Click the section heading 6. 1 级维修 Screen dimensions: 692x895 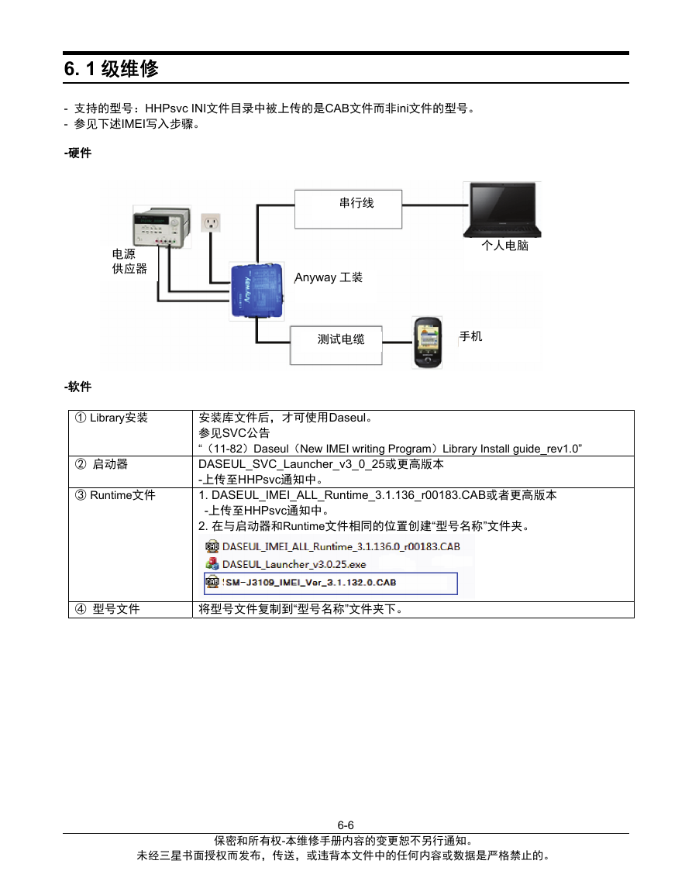pyautogui.click(x=112, y=68)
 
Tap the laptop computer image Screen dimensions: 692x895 pyautogui.click(x=502, y=209)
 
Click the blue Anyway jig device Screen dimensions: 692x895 pyautogui.click(x=257, y=291)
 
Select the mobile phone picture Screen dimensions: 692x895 pyautogui.click(x=428, y=342)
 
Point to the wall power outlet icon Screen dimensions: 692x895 pyautogui.click(x=211, y=222)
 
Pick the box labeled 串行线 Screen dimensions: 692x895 pyautogui.click(x=348, y=209)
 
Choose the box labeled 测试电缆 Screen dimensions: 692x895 pyautogui.click(x=336, y=346)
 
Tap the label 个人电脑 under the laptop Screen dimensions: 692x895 pyautogui.click(x=504, y=246)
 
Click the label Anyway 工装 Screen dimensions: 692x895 pyautogui.click(x=329, y=277)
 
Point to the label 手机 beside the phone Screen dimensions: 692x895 pyautogui.click(x=470, y=336)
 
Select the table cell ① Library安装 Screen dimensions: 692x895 pyautogui.click(x=131, y=432)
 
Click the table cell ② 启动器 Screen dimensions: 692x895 pyautogui.click(x=131, y=471)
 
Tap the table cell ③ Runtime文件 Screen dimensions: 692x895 pyautogui.click(x=131, y=544)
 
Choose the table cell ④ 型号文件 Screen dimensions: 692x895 pyautogui.click(x=131, y=609)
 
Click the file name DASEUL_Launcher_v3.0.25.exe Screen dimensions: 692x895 pyautogui.click(x=294, y=564)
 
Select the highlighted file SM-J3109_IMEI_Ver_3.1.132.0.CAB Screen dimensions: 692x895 pyautogui.click(x=331, y=583)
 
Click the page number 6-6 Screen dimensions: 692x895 pyautogui.click(x=346, y=824)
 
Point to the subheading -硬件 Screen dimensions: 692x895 pyautogui.click(x=77, y=153)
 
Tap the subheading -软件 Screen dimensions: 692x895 pyautogui.click(x=77, y=387)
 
